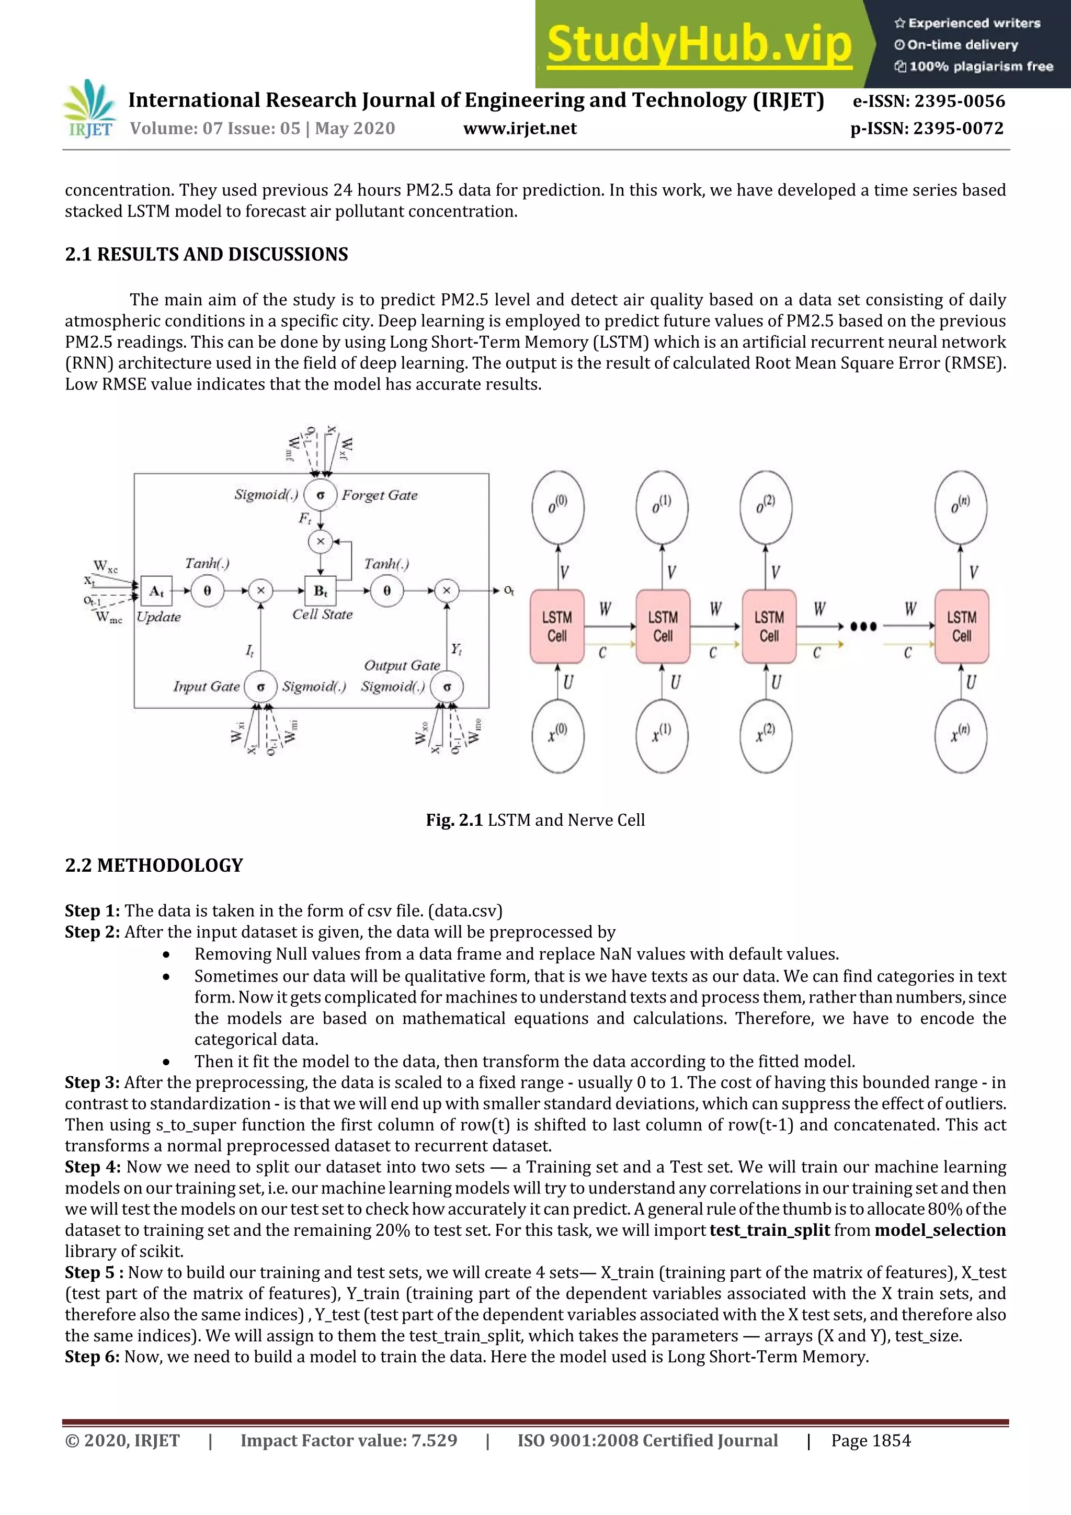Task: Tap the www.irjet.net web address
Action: pos(520,129)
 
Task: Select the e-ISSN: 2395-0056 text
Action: pos(928,101)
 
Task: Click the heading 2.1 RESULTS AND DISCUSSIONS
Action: pos(206,255)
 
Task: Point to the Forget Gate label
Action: pos(380,495)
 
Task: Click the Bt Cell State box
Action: pos(321,590)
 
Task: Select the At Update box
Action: pos(156,590)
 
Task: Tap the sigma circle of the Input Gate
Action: pos(260,687)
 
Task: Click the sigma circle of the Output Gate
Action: pos(447,687)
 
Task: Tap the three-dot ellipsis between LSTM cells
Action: pos(863,626)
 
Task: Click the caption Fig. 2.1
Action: pos(454,820)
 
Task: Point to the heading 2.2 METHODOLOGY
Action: pos(154,865)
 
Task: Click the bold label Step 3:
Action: pos(93,1083)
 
